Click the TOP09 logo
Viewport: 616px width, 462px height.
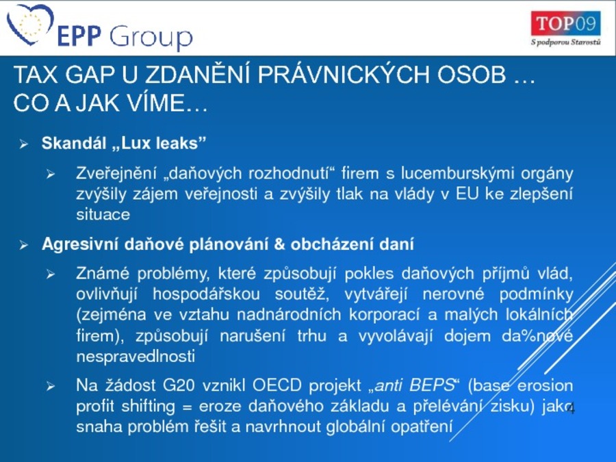pyautogui.click(x=566, y=23)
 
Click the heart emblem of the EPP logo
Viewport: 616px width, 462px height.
pyautogui.click(x=30, y=23)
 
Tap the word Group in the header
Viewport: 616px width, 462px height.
pyautogui.click(x=151, y=38)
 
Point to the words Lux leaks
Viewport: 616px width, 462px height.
pyautogui.click(x=164, y=143)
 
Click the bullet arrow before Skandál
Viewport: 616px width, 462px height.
pyautogui.click(x=24, y=144)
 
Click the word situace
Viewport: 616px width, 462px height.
pyautogui.click(x=103, y=214)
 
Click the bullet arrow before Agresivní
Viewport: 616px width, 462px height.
pyautogui.click(x=24, y=246)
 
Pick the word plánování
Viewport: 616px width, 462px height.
pyautogui.click(x=229, y=244)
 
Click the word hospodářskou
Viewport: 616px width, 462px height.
pyautogui.click(x=206, y=294)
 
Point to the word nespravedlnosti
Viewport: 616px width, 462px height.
pyautogui.click(x=136, y=357)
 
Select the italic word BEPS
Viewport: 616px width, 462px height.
pyautogui.click(x=431, y=385)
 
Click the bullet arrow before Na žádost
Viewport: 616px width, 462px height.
pyautogui.click(x=51, y=387)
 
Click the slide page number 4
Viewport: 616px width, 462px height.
pyautogui.click(x=571, y=409)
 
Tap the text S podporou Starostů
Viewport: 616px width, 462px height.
pyautogui.click(x=566, y=42)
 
